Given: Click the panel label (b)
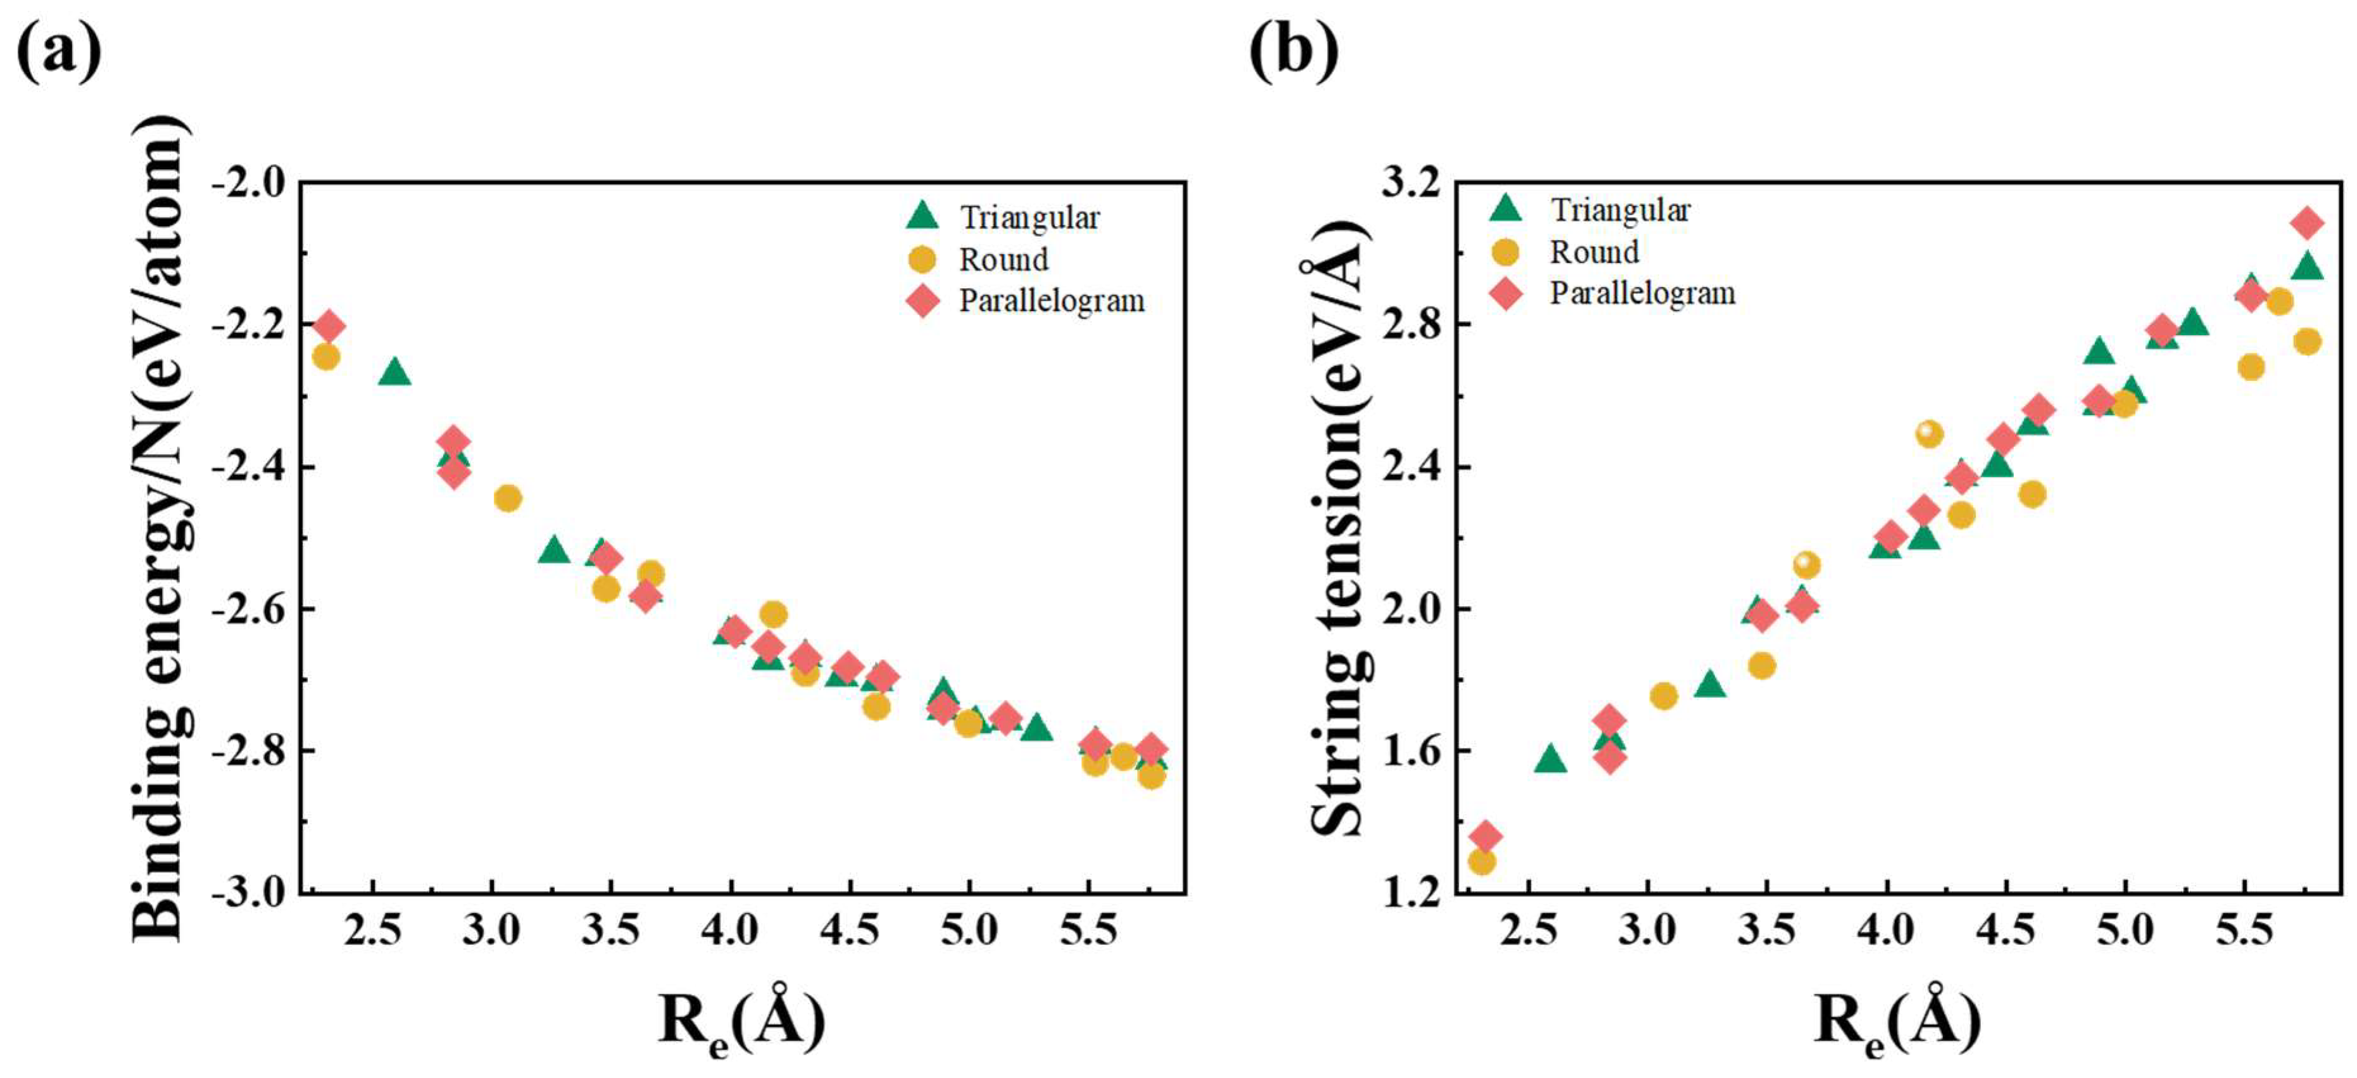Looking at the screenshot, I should click(x=1293, y=50).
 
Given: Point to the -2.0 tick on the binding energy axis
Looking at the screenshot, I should click(x=249, y=183).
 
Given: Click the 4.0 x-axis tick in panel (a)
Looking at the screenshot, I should click(x=730, y=930).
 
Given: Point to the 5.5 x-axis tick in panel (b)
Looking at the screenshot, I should click(x=2244, y=930).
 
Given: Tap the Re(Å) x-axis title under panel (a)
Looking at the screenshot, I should click(x=742, y=1020).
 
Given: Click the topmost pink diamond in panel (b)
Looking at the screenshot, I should click(x=2307, y=222).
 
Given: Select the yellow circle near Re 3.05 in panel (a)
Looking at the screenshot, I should click(x=508, y=498).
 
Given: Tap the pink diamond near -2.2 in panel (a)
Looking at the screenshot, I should click(x=329, y=326).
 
